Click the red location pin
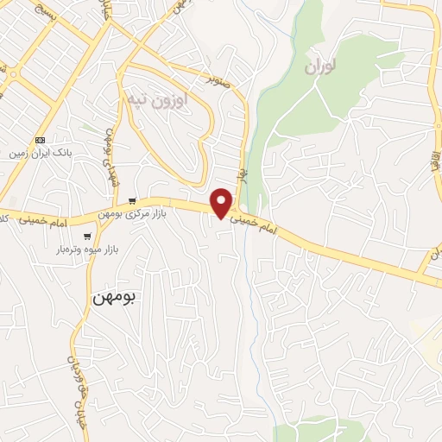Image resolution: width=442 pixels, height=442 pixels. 222,203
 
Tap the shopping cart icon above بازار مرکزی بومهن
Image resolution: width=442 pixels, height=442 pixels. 130,199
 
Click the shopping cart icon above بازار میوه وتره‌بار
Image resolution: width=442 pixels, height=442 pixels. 87,236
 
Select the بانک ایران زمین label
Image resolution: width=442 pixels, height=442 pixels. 38,153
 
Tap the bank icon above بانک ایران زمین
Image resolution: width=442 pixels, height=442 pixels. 40,140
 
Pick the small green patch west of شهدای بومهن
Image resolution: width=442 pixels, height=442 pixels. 85,129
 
